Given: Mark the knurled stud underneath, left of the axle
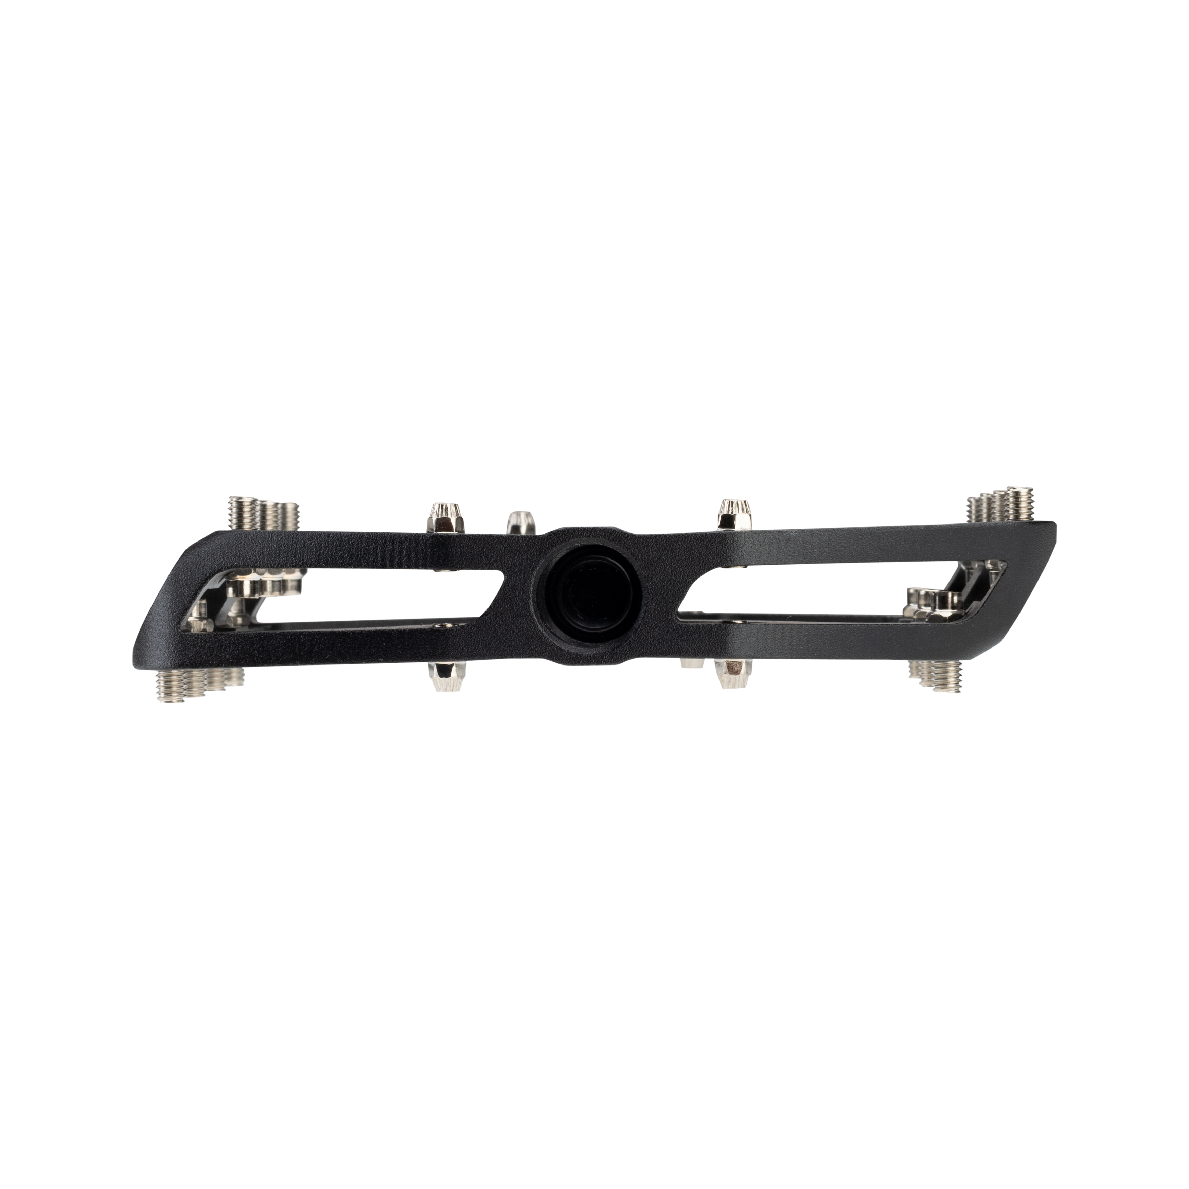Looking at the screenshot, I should pos(444,677).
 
